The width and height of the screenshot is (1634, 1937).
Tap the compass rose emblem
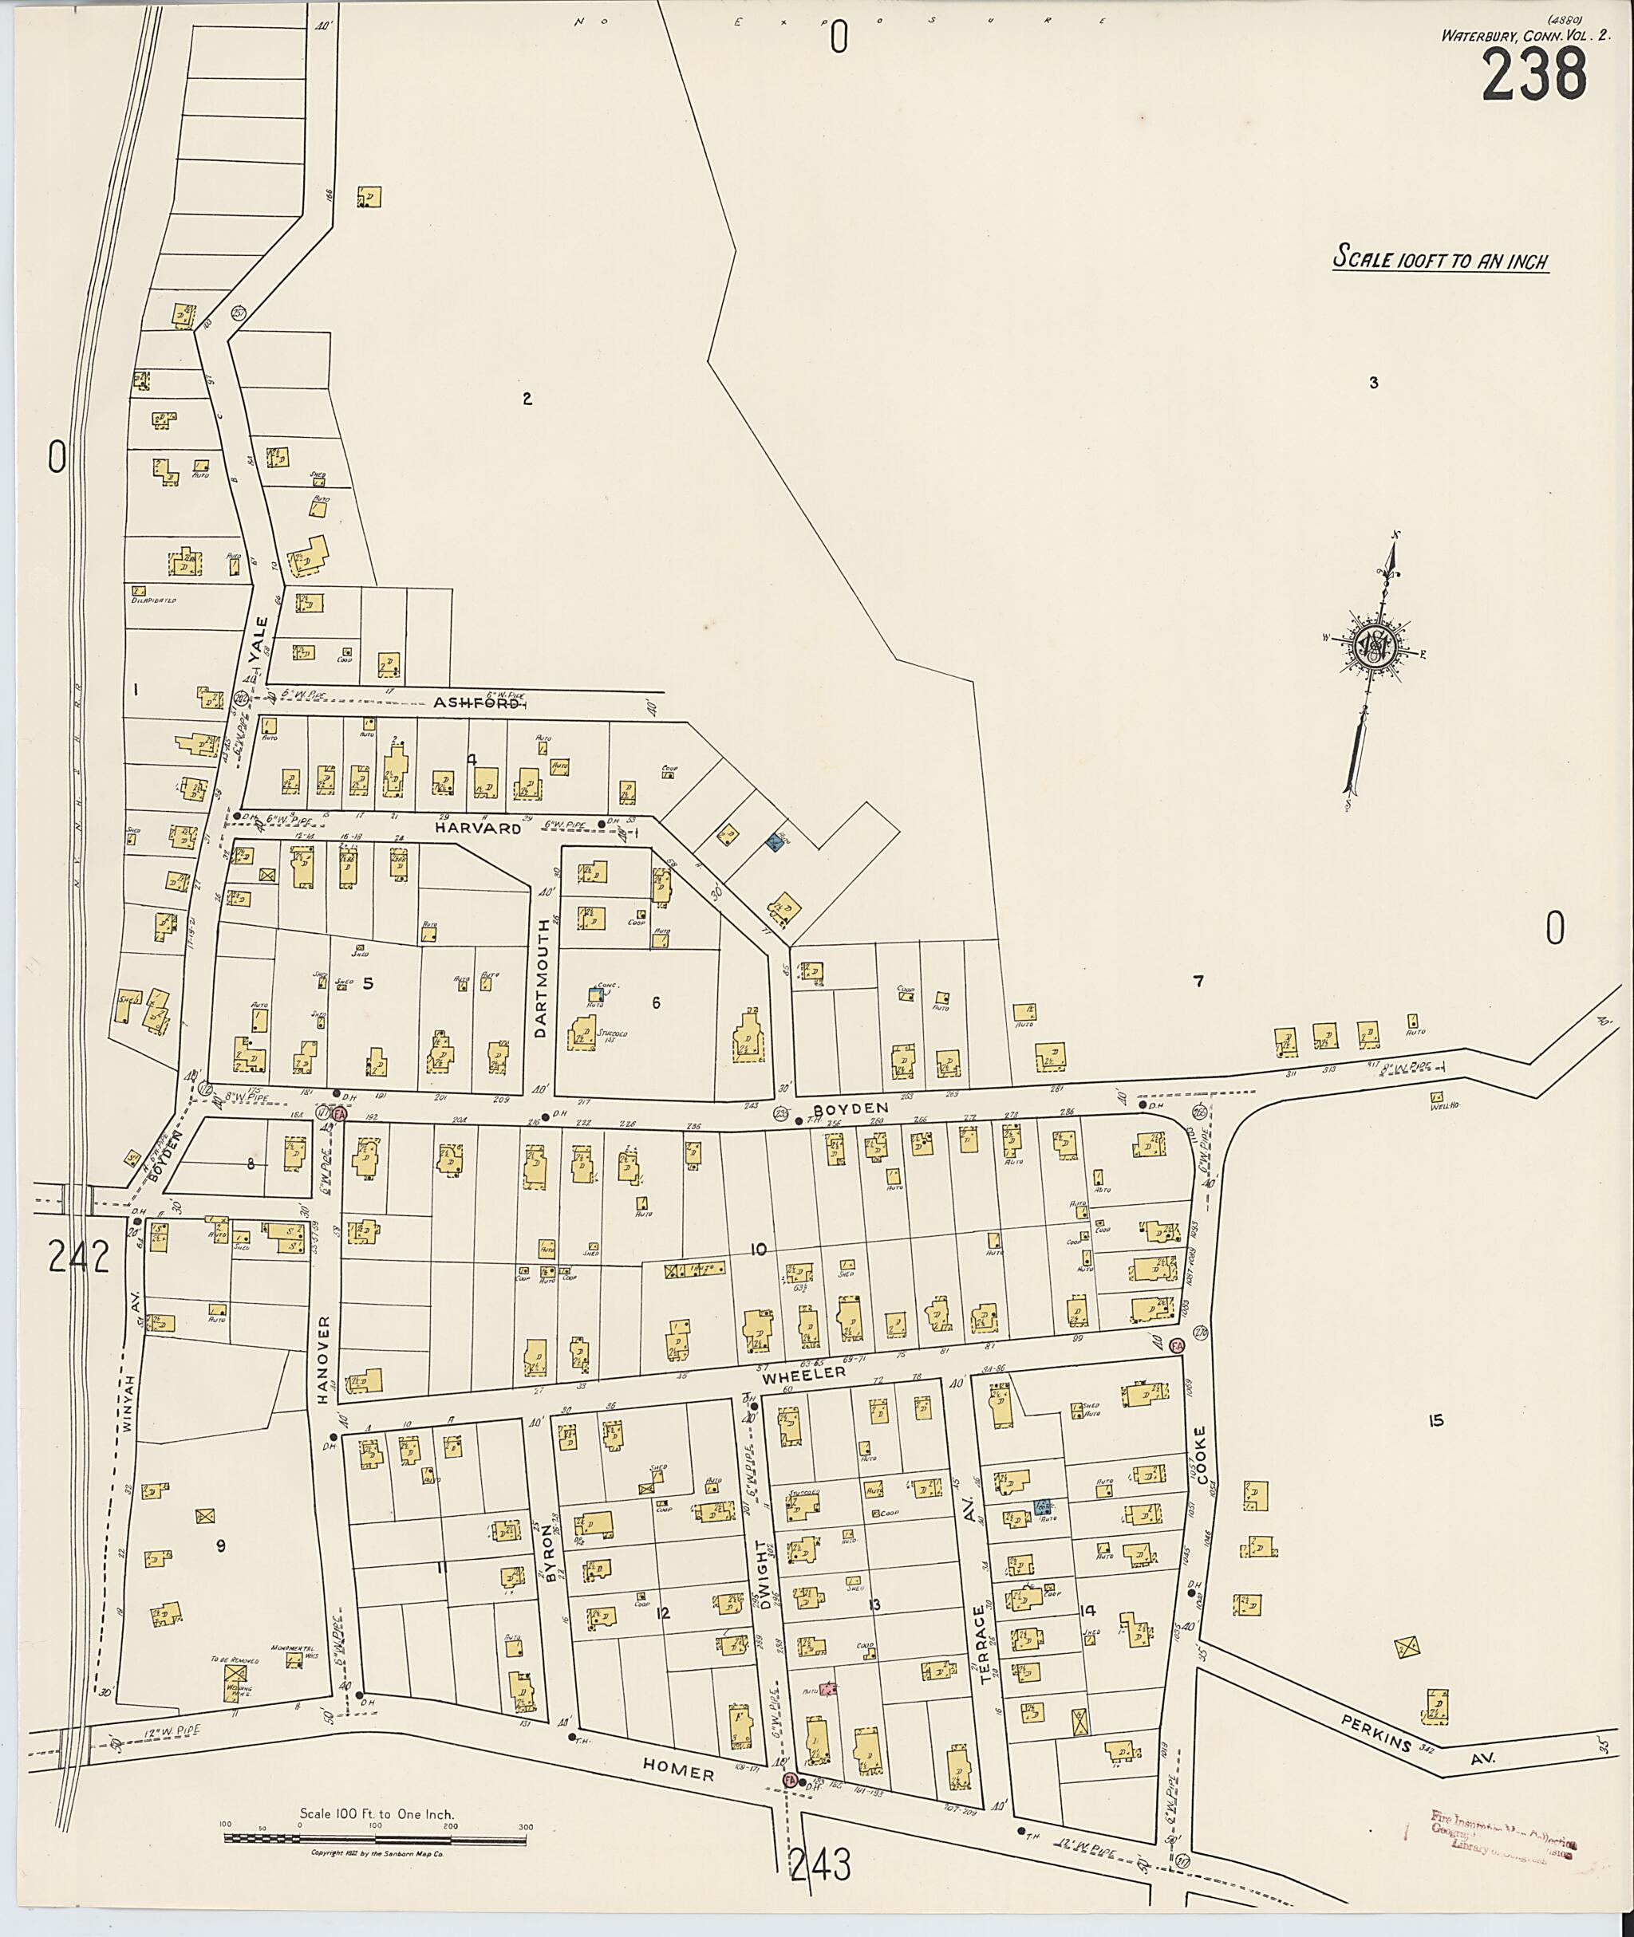[x=1374, y=644]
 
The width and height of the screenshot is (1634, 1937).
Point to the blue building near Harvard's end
[x=773, y=843]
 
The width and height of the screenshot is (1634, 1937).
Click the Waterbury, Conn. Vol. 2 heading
[x=1523, y=35]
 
